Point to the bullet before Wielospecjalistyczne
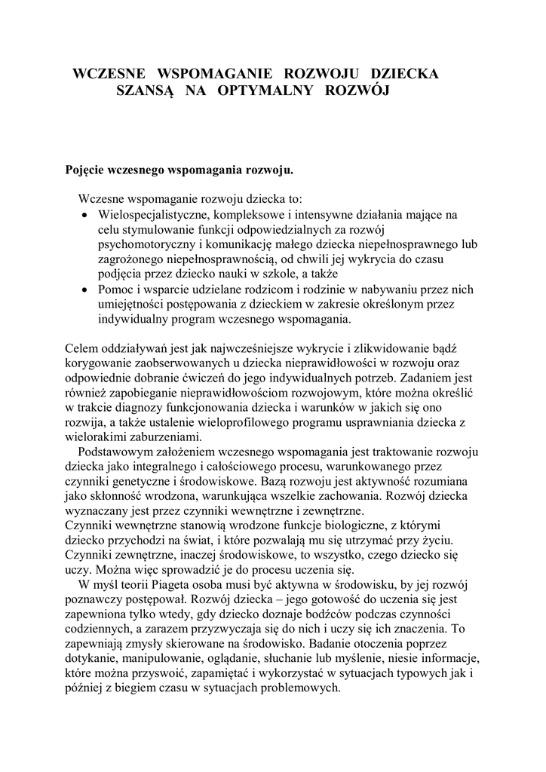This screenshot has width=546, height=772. click(x=84, y=215)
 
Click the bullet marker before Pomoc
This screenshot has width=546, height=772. click(x=84, y=289)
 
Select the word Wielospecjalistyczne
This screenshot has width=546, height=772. click(x=154, y=215)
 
